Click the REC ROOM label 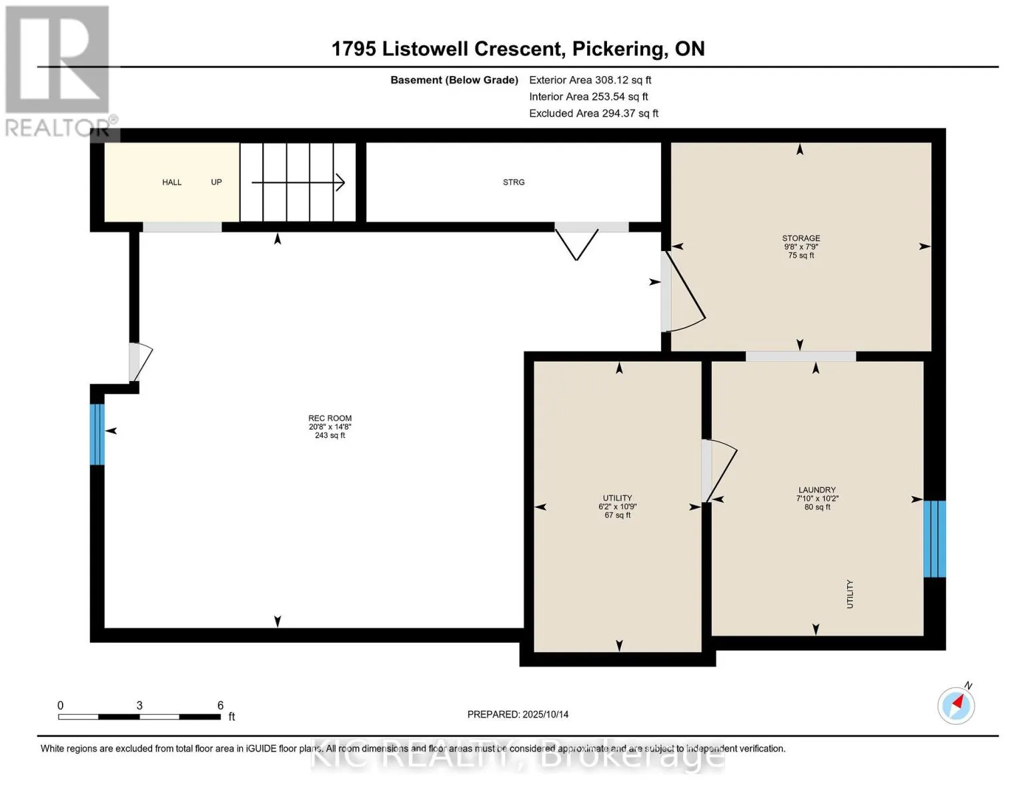click(x=330, y=418)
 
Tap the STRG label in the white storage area click(x=514, y=182)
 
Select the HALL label click(x=171, y=182)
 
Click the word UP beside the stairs click(x=216, y=182)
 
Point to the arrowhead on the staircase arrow click(x=340, y=182)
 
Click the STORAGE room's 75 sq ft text click(x=801, y=255)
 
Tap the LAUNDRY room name click(x=817, y=489)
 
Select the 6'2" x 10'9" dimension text click(x=618, y=507)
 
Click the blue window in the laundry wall click(x=935, y=539)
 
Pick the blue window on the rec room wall click(x=97, y=434)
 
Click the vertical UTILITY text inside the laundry click(x=850, y=594)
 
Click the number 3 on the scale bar click(x=139, y=705)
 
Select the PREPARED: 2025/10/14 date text click(x=518, y=714)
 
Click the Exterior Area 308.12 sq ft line click(x=590, y=80)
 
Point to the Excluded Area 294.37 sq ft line click(x=594, y=113)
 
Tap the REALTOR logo click(x=59, y=71)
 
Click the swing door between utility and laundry click(x=719, y=470)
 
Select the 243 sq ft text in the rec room click(x=330, y=436)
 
